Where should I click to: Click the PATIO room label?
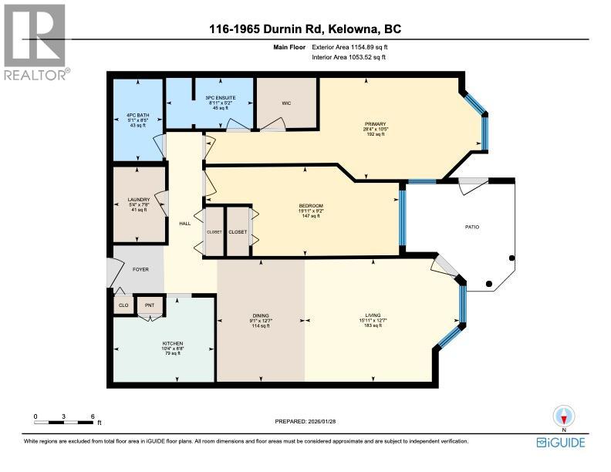[x=473, y=227]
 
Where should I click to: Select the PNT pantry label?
[x=150, y=305]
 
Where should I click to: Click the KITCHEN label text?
[x=173, y=344]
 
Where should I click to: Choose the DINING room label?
[x=261, y=315]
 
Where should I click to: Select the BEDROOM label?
[x=311, y=205]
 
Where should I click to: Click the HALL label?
[x=185, y=223]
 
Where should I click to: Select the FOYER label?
[x=140, y=269]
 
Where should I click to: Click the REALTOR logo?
[x=35, y=42]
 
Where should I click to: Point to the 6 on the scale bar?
[x=93, y=416]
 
